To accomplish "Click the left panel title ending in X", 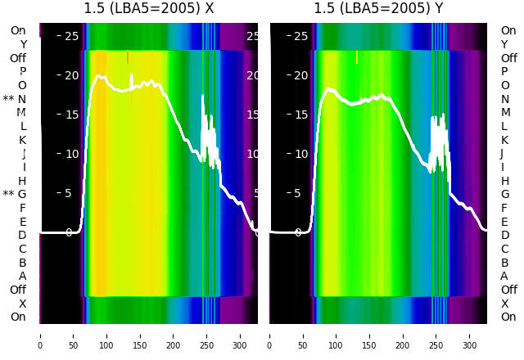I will coord(149,9).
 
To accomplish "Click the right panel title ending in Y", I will coord(378,9).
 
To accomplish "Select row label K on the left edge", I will coord(23,140).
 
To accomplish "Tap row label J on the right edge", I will coord(502,154).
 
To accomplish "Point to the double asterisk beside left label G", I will coord(8,195).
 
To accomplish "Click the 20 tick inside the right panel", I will coord(301,75).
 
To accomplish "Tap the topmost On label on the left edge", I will coord(18,30).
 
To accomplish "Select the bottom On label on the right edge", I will coord(508,317).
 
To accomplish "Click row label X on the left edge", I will coord(23,304).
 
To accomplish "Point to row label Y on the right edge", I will coord(504,44).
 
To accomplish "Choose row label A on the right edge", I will coord(504,276).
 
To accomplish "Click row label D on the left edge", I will coord(23,236).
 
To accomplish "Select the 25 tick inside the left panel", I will coord(71,36).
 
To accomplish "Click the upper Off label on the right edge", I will coord(508,58).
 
